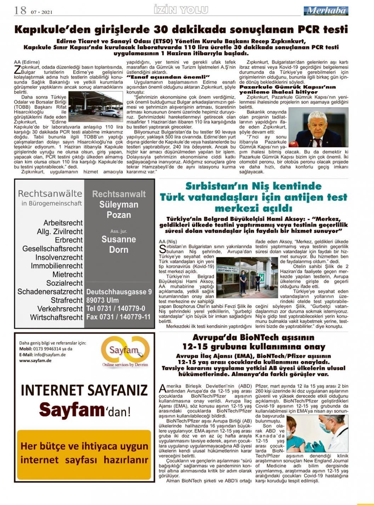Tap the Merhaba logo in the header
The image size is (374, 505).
325,11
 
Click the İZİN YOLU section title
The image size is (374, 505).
181,10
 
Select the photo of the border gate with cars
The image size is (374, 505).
95,106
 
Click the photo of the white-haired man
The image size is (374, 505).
318,127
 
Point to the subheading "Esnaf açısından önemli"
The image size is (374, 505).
168,76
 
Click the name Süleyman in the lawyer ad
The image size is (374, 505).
119,204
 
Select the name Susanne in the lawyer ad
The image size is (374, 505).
119,239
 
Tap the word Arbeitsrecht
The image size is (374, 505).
63,223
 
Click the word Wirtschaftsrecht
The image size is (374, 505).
56,317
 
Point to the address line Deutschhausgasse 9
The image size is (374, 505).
119,292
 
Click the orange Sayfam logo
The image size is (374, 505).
125,351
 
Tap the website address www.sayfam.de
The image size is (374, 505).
35,361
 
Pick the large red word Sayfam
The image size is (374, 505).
71,410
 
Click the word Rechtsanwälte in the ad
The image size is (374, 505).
50,193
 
